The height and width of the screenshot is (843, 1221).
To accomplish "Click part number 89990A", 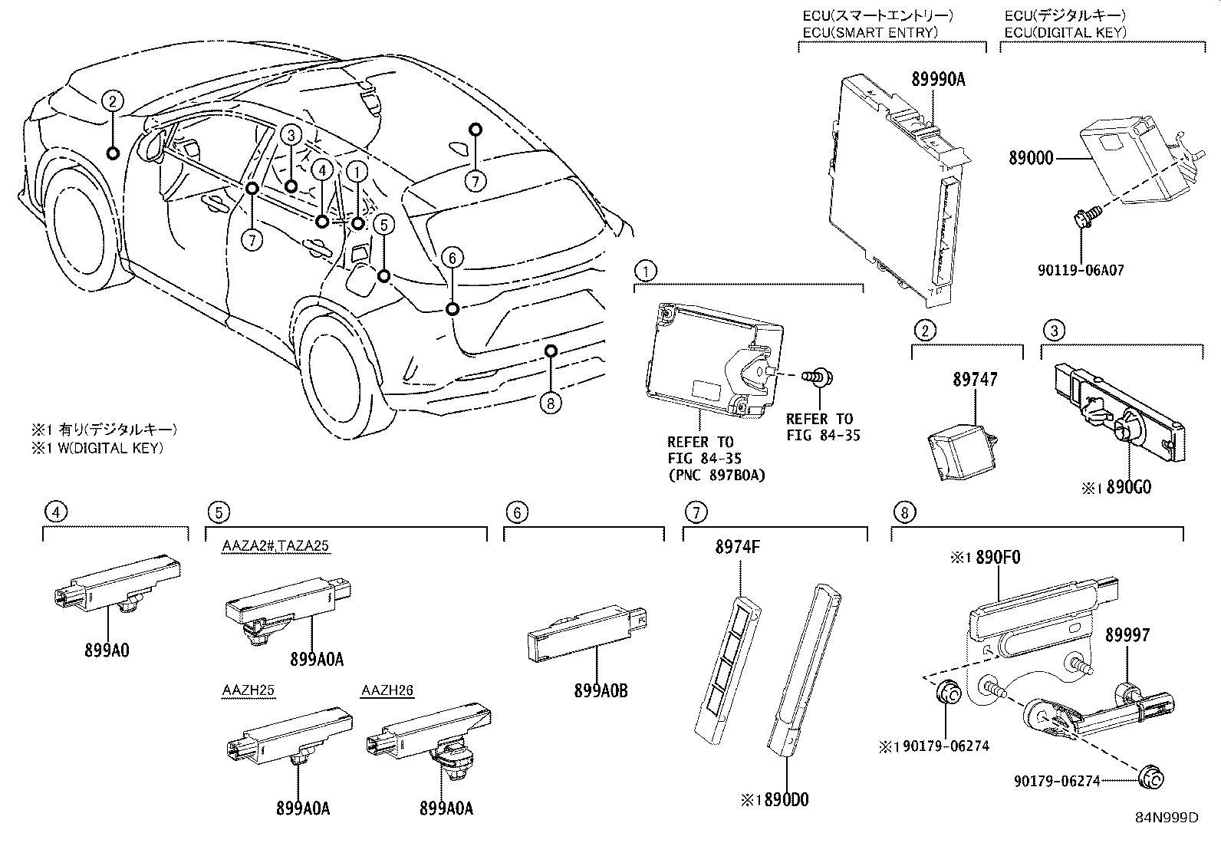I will click(938, 78).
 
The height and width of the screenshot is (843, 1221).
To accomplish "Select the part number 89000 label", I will click(1029, 159).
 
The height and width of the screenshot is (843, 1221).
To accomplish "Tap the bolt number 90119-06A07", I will click(1080, 271).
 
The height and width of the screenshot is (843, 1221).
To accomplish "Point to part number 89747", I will click(976, 380).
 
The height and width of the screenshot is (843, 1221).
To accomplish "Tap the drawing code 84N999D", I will click(1167, 817).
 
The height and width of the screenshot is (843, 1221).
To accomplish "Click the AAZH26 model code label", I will click(387, 690).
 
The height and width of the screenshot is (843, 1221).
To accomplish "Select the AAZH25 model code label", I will click(248, 690).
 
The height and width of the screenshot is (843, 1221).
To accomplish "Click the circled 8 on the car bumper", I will click(551, 402).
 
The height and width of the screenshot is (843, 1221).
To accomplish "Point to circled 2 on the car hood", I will click(113, 100).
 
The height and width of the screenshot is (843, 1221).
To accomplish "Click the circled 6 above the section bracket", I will click(517, 512).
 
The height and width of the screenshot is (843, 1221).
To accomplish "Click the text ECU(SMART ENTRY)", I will click(870, 32).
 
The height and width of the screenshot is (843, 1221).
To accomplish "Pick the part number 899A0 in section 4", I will click(107, 650).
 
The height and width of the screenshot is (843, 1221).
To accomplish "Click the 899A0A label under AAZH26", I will click(446, 808).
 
